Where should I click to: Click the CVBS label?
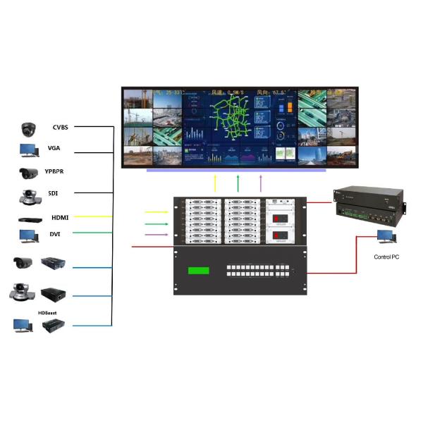click(61, 128)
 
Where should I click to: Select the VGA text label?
click(54, 149)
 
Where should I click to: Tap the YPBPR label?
click(59, 171)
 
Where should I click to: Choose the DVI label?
click(55, 234)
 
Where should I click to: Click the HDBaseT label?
click(48, 312)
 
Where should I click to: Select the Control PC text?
click(386, 257)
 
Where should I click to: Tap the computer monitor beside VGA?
click(29, 150)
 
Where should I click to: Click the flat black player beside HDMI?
click(29, 218)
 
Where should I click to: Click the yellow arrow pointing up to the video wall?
click(216, 183)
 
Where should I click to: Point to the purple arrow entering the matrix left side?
click(155, 233)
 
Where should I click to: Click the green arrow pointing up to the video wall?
click(238, 183)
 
